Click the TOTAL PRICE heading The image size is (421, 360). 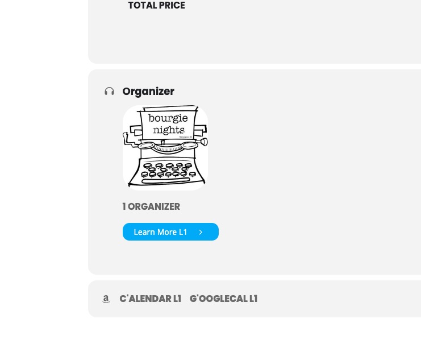tap(157, 5)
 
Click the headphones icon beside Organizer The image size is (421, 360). tap(109, 92)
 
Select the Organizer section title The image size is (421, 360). tap(148, 92)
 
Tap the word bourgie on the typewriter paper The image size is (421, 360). tap(168, 118)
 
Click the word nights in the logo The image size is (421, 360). tap(169, 130)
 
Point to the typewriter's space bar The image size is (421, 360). tap(166, 181)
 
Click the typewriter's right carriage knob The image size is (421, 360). tap(204, 142)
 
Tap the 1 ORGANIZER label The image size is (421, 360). tap(151, 206)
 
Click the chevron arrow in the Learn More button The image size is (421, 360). tap(201, 232)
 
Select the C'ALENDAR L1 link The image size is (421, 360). tap(151, 299)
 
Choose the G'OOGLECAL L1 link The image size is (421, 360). tap(224, 299)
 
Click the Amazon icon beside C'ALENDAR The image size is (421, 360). tap(106, 299)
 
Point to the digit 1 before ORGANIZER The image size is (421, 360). tap(124, 206)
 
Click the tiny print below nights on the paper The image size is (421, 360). tap(186, 137)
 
